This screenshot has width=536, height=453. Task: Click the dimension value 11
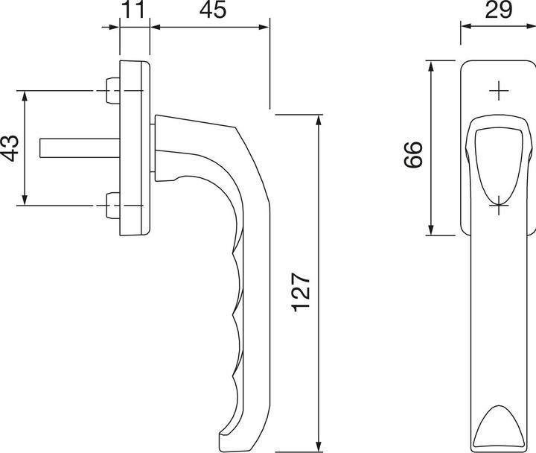pyautogui.click(x=135, y=10)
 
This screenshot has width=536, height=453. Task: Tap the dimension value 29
pyautogui.click(x=497, y=10)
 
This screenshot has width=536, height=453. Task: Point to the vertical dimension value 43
pyautogui.click(x=10, y=148)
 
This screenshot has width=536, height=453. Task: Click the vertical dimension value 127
pyautogui.click(x=299, y=291)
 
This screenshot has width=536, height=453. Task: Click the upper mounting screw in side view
pyautogui.click(x=112, y=92)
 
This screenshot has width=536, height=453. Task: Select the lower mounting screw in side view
pyautogui.click(x=112, y=206)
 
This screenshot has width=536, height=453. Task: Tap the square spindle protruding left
pyautogui.click(x=74, y=148)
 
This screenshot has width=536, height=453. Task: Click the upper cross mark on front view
pyautogui.click(x=497, y=91)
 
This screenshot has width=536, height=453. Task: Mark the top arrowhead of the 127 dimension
pyautogui.click(x=319, y=119)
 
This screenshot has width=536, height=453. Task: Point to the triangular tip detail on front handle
pyautogui.click(x=497, y=427)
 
